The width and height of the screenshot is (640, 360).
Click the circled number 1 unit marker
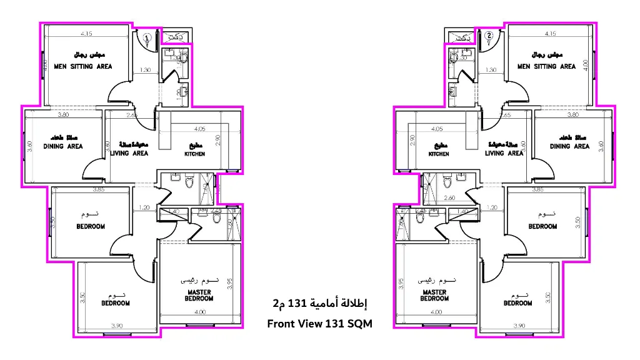coord(147,38)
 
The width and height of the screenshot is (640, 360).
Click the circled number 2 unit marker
coord(489,36)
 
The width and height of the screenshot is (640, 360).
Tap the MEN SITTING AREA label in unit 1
coord(83,66)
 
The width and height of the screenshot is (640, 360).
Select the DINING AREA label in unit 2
coord(569,146)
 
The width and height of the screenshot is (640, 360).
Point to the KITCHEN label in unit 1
coord(194,154)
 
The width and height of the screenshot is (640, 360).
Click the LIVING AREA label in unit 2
coord(504,153)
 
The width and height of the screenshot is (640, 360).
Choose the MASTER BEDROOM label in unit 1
coord(199,295)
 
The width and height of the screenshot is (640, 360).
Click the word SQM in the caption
coord(358,323)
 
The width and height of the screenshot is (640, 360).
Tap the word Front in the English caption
coord(281,323)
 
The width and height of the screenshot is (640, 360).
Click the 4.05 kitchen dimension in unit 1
coord(199,129)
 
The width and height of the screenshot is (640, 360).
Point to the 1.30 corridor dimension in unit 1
coord(144,70)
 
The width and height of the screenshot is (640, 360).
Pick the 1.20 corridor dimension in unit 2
coord(492,207)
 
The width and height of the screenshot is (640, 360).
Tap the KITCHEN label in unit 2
coord(439,154)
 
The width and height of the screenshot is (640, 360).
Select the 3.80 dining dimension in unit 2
coord(572,115)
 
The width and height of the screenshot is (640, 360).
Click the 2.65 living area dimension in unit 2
coord(506,115)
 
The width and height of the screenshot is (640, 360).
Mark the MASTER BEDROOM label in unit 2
coord(434,295)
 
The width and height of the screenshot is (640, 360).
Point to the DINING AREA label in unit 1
coord(63,146)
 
